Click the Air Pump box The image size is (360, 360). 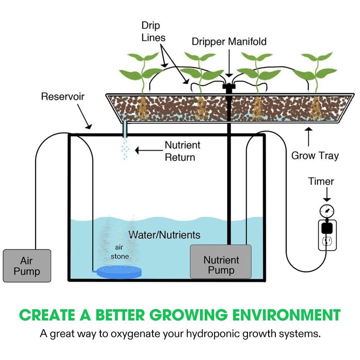(x=27, y=266)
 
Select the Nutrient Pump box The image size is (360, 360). (x=221, y=261)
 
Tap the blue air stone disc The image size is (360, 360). (x=119, y=271)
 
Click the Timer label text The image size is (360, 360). (x=321, y=181)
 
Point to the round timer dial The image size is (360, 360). (x=327, y=211)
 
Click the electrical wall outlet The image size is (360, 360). (x=327, y=242)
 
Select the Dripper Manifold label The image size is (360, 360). (x=229, y=42)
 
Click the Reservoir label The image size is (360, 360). (x=63, y=96)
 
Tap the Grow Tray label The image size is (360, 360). (x=315, y=156)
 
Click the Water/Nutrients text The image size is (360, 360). (x=164, y=235)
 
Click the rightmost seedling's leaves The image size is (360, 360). (x=319, y=65)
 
